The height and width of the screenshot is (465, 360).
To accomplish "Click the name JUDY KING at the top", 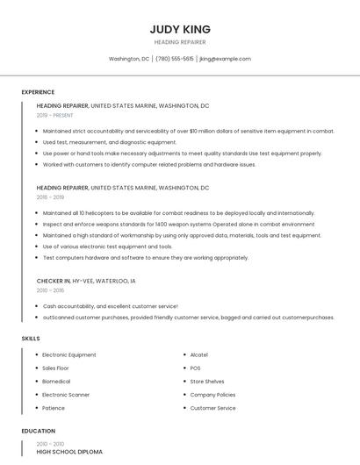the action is [180, 29].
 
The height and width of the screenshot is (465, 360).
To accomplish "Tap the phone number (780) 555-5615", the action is [175, 59].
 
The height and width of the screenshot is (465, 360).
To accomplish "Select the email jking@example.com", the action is [226, 59].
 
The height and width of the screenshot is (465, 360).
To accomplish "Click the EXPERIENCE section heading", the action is [38, 92].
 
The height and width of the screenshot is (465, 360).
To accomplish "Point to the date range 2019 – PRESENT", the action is [55, 115].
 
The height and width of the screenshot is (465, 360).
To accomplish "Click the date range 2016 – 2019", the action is [51, 197].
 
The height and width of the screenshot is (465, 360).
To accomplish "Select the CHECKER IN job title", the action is [54, 281].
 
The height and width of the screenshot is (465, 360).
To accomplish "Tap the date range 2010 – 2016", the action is [51, 290].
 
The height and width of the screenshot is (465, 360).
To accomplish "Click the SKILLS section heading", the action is [31, 338].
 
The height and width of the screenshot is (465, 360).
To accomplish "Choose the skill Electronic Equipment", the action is [69, 354].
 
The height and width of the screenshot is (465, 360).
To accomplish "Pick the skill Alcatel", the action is [199, 354].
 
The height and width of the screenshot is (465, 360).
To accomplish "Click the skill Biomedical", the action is [57, 382].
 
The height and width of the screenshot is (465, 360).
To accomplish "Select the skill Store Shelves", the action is [207, 382].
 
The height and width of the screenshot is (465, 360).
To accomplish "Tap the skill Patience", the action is [54, 408].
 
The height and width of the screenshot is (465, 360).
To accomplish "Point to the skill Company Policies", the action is [212, 395].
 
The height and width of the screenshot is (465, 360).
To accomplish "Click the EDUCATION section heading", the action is [38, 431].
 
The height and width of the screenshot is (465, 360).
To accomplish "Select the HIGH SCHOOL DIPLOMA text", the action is [69, 452].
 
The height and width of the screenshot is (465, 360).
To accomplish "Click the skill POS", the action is [195, 368].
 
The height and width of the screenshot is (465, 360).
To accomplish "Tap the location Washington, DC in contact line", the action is [129, 59].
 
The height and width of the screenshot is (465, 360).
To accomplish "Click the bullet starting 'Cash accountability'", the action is [111, 306].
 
